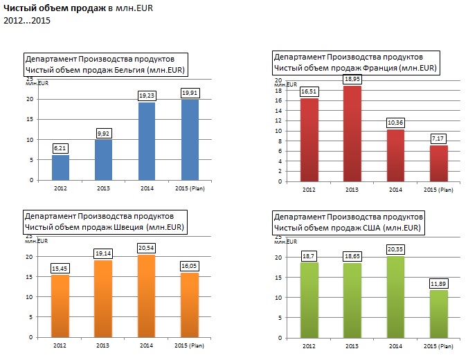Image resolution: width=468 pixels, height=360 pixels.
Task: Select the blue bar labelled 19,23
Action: click(146, 141)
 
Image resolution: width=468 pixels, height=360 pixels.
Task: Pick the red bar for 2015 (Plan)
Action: click(438, 163)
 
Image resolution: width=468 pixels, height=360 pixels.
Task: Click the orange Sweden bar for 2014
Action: click(147, 296)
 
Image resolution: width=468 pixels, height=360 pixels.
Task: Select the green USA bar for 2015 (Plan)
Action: click(438, 314)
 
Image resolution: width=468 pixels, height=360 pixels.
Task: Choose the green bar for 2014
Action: click(395, 297)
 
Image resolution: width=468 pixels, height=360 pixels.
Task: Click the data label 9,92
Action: click(103, 133)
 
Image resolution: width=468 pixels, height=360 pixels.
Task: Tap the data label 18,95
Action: click(352, 79)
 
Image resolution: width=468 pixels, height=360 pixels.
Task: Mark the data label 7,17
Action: click(438, 138)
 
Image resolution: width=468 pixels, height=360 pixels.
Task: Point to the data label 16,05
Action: click(190, 265)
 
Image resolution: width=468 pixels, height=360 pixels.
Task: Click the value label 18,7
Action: click(309, 255)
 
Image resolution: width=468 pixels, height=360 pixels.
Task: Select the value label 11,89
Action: click(438, 282)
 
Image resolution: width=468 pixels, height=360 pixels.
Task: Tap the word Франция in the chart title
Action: click(375, 68)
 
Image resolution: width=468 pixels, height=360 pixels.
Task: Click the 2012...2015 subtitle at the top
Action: click(26, 19)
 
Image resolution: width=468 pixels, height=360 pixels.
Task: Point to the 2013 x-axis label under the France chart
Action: click(352, 189)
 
